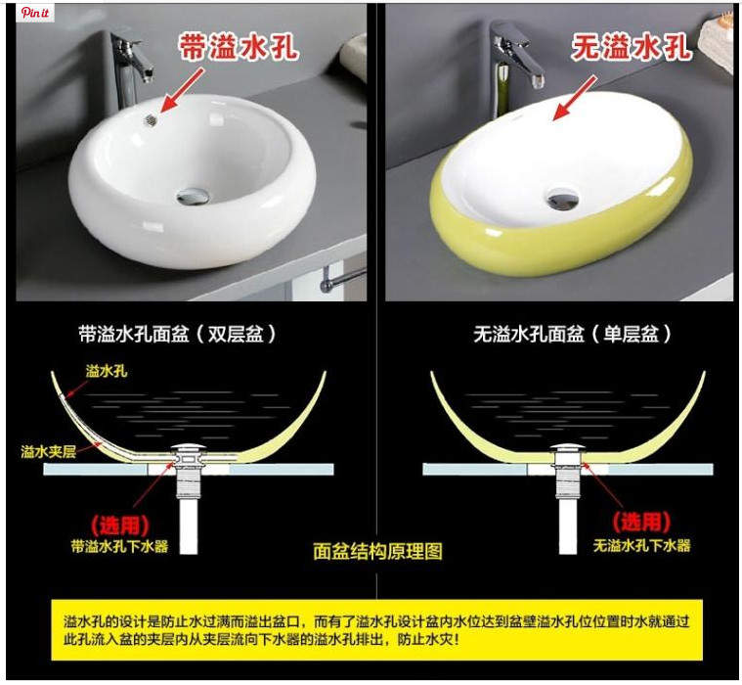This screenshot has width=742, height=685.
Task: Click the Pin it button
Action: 35,13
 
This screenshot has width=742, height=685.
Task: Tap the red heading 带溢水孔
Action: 239,47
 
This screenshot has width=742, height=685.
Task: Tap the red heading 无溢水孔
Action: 631,47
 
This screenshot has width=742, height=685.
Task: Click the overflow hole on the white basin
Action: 151,120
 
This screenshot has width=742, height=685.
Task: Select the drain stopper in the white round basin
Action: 192,196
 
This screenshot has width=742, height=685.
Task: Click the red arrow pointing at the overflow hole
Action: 183,90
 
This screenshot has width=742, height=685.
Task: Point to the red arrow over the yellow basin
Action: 576,97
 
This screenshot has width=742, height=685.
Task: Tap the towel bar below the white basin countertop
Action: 342,280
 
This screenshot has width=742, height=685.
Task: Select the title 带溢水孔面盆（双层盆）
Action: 177,334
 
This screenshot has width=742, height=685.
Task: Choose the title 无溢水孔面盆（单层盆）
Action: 573,334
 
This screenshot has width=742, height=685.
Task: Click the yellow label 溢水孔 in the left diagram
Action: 107,371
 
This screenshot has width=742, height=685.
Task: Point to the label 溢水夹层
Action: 48,451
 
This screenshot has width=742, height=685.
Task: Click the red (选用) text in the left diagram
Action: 119,525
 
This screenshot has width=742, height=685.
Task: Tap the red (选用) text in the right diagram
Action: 641,522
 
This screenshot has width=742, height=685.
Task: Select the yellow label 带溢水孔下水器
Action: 119,546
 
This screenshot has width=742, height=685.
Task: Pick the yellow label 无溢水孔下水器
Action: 642,545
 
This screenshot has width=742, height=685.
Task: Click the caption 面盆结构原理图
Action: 377,551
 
